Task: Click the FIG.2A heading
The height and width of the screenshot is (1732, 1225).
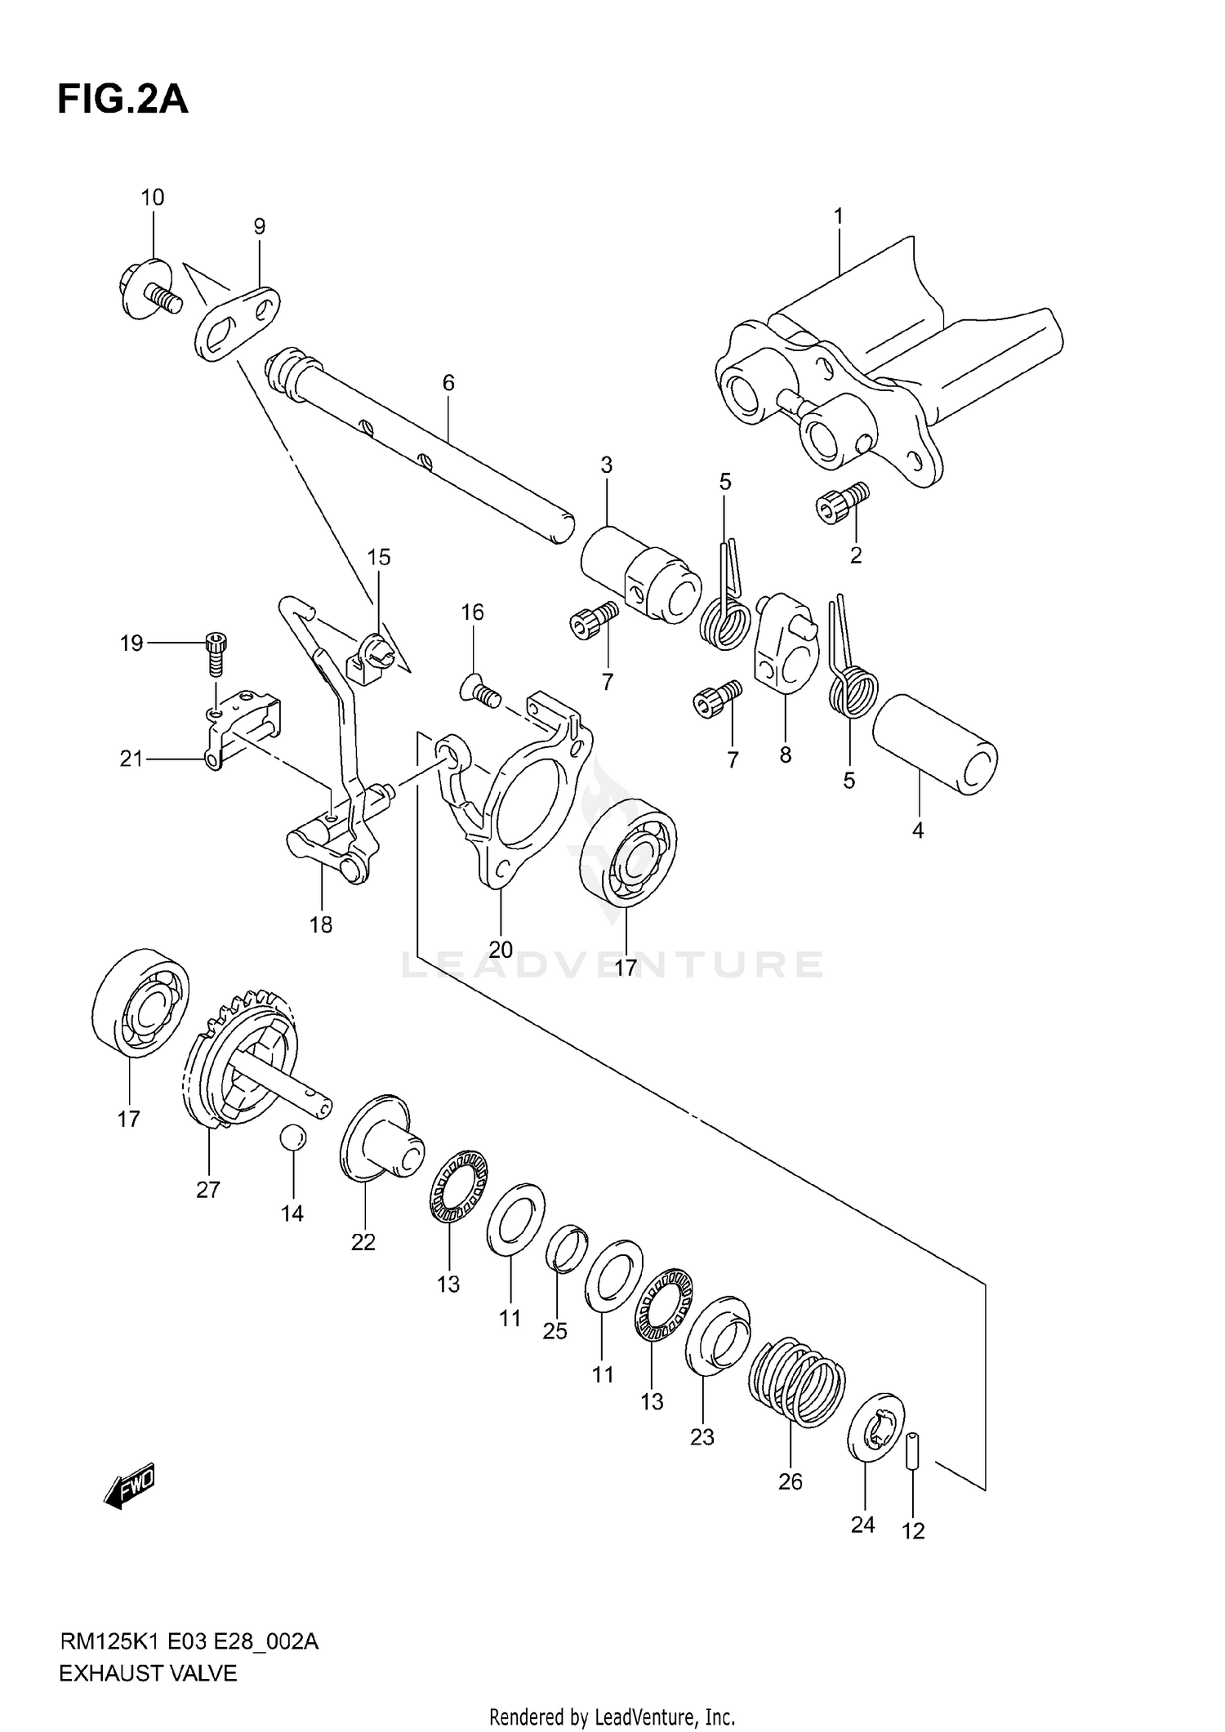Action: (x=122, y=100)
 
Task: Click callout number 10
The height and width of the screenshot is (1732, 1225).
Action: (x=153, y=198)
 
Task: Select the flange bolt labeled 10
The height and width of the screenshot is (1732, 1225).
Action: (x=149, y=291)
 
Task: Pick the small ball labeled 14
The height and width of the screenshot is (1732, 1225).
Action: (x=292, y=1138)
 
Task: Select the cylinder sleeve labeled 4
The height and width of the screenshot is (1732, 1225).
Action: (x=935, y=743)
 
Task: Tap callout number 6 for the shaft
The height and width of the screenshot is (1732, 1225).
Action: (x=448, y=383)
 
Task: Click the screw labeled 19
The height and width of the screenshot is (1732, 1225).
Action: (x=216, y=653)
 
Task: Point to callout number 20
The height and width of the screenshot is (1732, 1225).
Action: (x=501, y=949)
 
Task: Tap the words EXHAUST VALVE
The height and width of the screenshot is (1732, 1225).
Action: (x=148, y=1673)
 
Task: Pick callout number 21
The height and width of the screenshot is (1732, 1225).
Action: (x=131, y=759)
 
